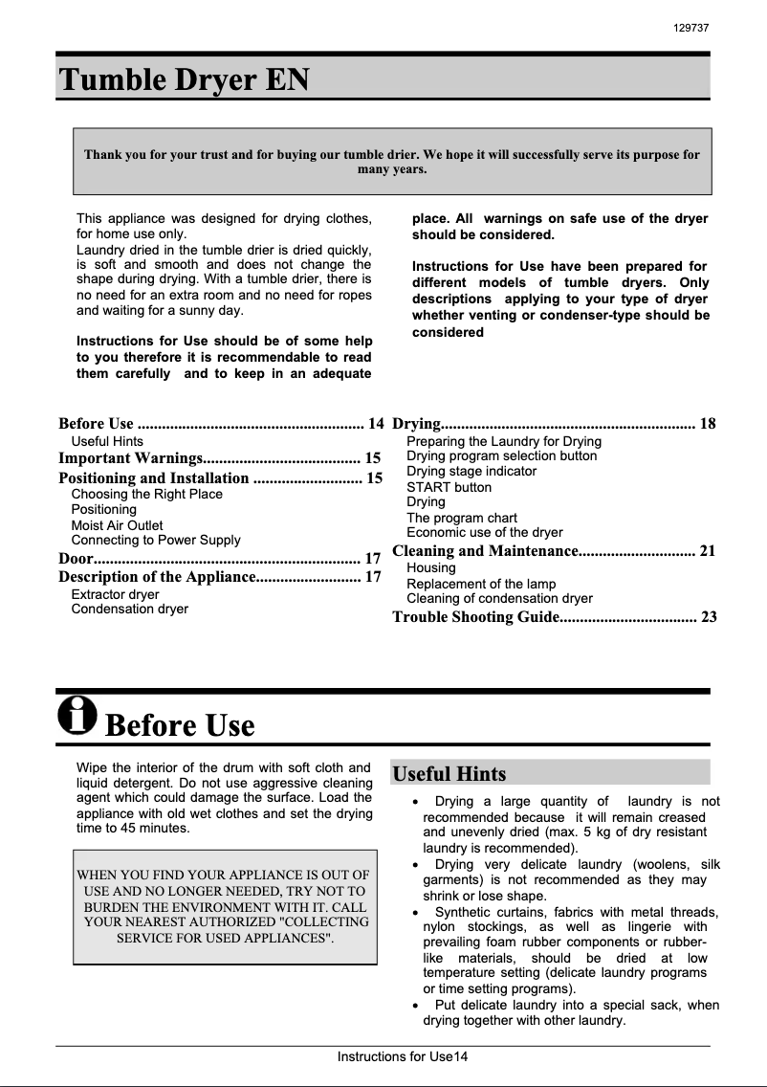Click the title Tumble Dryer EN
(x=185, y=79)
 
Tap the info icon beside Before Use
(x=77, y=715)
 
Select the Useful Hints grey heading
(x=449, y=773)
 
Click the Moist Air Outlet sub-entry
(x=117, y=525)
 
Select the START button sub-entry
(x=449, y=487)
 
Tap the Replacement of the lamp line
(x=481, y=584)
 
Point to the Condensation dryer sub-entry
(x=130, y=609)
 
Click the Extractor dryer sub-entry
(x=115, y=594)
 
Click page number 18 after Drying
(x=708, y=424)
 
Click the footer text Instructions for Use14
(x=402, y=1057)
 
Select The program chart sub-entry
(x=462, y=518)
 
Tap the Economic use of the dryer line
(x=485, y=532)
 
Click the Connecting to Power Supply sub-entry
(x=156, y=540)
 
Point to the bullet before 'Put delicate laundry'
(x=412, y=1006)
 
